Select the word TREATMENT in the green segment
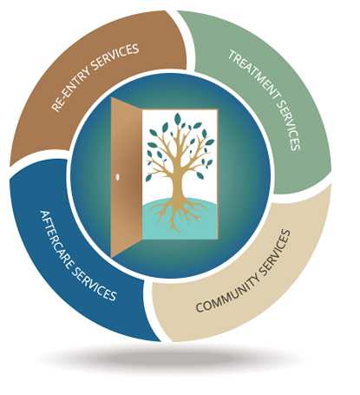[x=254, y=75]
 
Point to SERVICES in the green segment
[x=288, y=125]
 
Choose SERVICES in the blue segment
[x=94, y=284]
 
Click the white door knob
[x=118, y=177]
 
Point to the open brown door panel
[x=127, y=177]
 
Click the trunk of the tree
[x=177, y=182]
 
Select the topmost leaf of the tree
[x=178, y=119]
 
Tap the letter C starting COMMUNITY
[x=200, y=307]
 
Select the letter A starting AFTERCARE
[x=44, y=214]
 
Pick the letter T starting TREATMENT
[x=232, y=55]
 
